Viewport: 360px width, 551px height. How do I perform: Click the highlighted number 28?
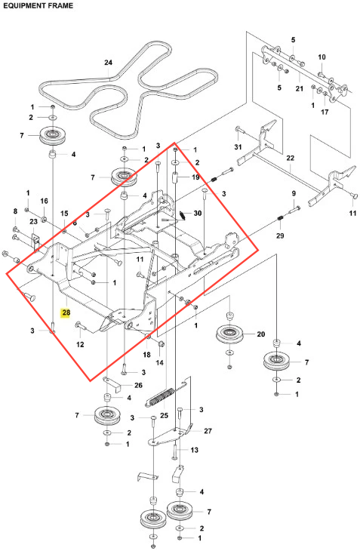[x=66, y=312]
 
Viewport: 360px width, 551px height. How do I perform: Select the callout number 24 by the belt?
[x=108, y=62]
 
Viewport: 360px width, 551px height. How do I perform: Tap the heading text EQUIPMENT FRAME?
[x=38, y=5]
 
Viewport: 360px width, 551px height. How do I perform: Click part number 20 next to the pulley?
[x=260, y=334]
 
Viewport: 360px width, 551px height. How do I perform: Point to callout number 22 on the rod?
[x=290, y=159]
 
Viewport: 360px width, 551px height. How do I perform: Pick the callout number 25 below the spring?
[x=164, y=415]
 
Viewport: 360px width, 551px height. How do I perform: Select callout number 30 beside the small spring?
[x=198, y=214]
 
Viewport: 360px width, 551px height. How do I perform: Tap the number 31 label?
[x=238, y=146]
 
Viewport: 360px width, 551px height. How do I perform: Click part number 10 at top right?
[x=322, y=57]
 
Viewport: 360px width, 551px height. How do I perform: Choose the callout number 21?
[x=299, y=88]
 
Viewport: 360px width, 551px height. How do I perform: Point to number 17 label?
[x=325, y=112]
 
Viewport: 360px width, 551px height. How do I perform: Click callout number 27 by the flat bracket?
[x=208, y=431]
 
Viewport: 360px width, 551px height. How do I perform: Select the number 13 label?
[x=194, y=450]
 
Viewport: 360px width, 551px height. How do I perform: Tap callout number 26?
[x=138, y=385]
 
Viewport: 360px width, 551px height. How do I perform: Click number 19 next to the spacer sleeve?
[x=195, y=177]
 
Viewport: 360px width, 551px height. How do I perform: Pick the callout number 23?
[x=33, y=221]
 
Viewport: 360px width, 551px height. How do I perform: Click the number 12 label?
[x=80, y=344]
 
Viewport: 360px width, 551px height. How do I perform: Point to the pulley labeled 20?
[x=229, y=334]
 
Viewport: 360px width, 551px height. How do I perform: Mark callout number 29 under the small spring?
[x=280, y=235]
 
